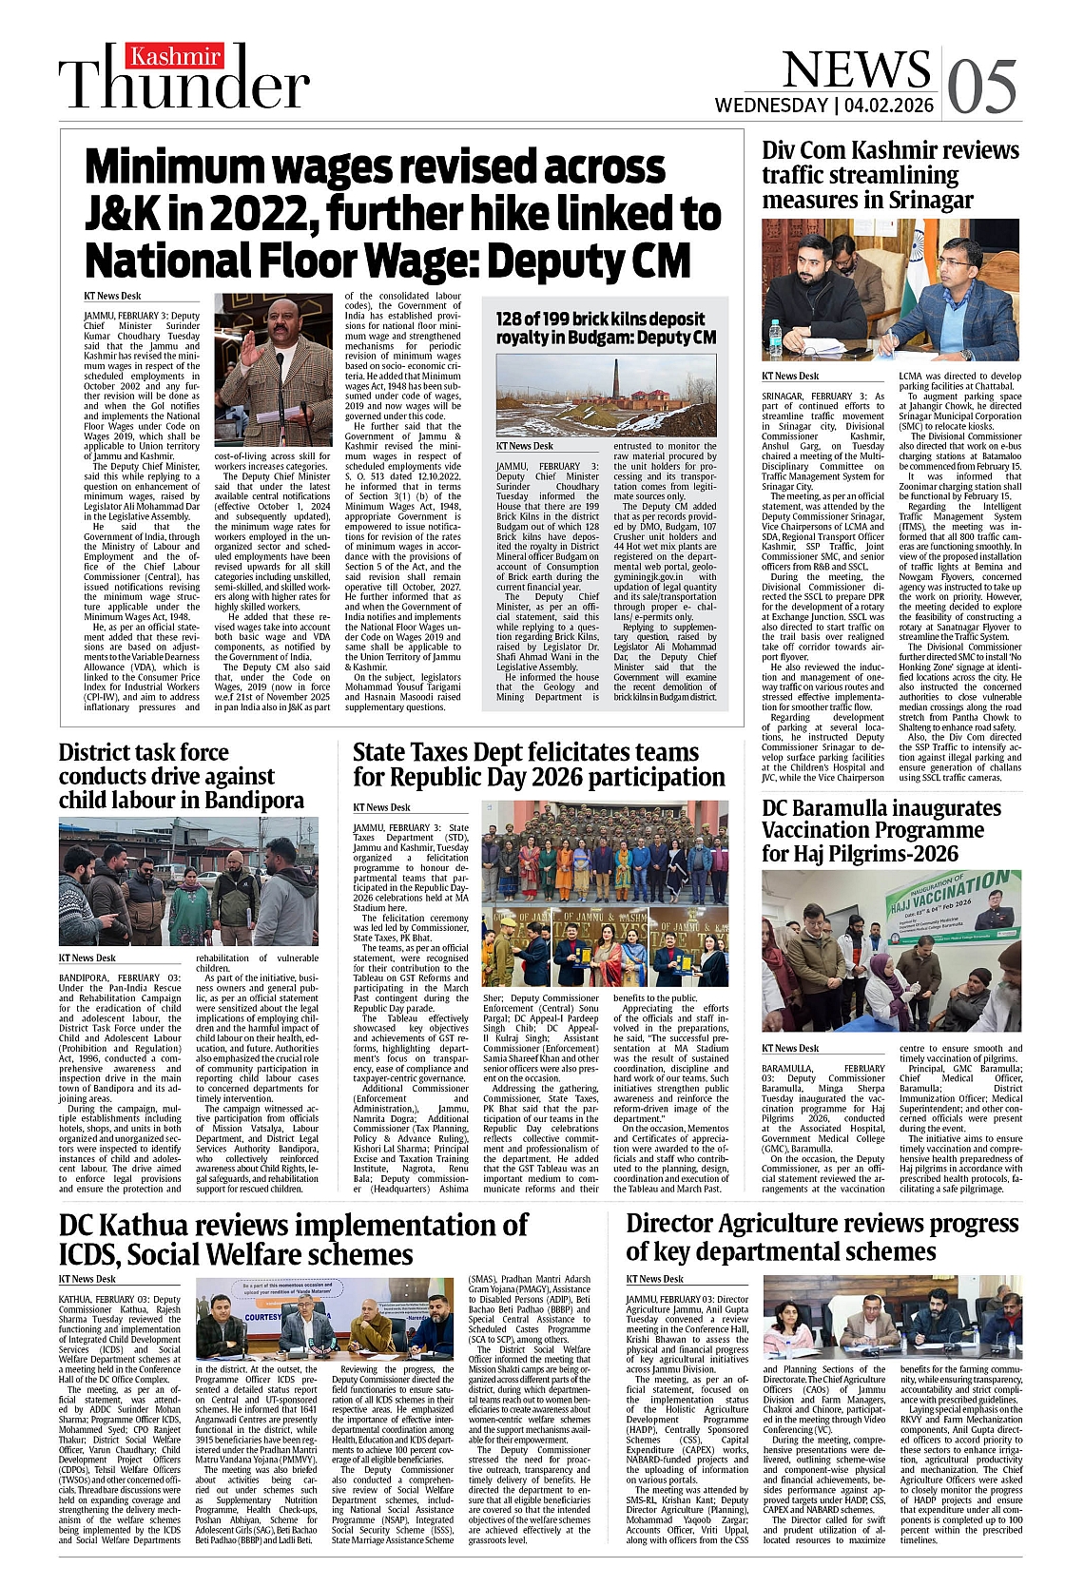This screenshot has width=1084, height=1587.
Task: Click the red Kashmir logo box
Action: coord(176,57)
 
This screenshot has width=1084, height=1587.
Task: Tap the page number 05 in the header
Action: coord(981,87)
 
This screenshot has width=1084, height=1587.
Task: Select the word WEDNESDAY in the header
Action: coord(771,106)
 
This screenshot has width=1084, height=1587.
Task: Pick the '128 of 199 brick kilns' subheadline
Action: coord(606,328)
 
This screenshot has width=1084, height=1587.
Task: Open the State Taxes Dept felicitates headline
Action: coord(538,764)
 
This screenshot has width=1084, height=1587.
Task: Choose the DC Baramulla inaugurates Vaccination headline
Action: coord(881,830)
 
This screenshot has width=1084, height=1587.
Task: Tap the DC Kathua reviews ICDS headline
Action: coord(293,1238)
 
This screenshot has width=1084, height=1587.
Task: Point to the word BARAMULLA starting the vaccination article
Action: coord(787,1069)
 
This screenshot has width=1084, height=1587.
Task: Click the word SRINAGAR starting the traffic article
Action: coord(785,397)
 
